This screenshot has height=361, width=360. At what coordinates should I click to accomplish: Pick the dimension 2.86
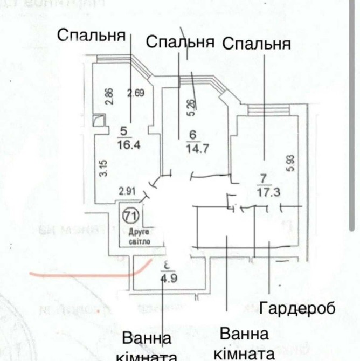[109, 96]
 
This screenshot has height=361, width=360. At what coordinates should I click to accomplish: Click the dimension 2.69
[136, 93]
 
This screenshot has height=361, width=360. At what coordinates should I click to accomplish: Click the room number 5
[124, 130]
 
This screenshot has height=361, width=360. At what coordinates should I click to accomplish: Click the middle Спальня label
[180, 41]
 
